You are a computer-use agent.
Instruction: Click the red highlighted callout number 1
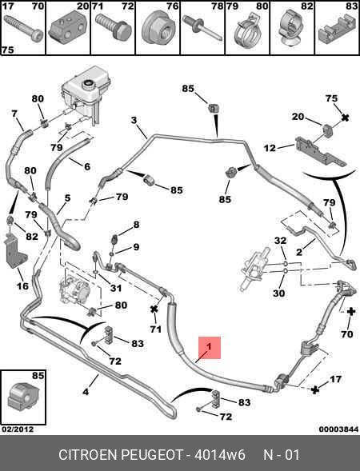coord(209,347)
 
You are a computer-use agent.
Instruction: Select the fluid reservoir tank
coord(85,93)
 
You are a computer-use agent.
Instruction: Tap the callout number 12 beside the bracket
coord(270,148)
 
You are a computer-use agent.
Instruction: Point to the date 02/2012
coord(18,429)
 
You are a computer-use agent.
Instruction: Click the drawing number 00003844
coord(338,429)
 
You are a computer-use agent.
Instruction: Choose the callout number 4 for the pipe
coord(86,391)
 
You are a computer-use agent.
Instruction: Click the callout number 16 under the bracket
coord(22,285)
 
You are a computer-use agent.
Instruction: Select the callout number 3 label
coord(134,120)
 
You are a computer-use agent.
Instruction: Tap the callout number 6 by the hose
coord(87,166)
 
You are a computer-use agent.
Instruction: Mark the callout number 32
coord(280,241)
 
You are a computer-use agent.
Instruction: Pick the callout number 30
coord(278,293)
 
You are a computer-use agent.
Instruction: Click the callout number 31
coord(116,288)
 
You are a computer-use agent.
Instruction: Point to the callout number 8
coord(137,225)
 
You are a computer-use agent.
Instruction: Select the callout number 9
coord(136,247)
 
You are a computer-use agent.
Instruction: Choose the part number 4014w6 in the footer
coord(220,455)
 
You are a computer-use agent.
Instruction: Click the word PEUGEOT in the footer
coord(152,455)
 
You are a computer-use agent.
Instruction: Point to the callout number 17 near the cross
coord(335,379)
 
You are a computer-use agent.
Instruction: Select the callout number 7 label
coord(14,114)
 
